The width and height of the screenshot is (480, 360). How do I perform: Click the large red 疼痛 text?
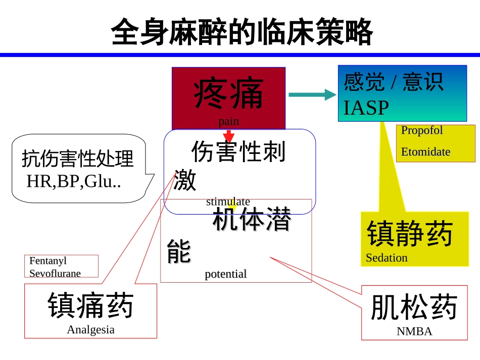pyautogui.click(x=228, y=94)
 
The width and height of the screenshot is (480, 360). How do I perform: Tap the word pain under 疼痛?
pyautogui.click(x=228, y=121)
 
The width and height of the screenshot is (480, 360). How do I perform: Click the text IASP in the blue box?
pyautogui.click(x=366, y=108)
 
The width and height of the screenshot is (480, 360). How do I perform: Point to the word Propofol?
pyautogui.click(x=422, y=130)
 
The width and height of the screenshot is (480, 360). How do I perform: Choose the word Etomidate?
pyautogui.click(x=425, y=151)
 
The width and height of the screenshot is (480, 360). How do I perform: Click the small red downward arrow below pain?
pyautogui.click(x=229, y=136)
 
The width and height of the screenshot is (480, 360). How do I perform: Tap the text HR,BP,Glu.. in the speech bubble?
pyautogui.click(x=74, y=182)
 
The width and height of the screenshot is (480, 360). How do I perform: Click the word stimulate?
pyautogui.click(x=228, y=201)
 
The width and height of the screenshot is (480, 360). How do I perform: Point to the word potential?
pyautogui.click(x=225, y=274)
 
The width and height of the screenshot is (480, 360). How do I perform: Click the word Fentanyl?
pyautogui.click(x=48, y=261)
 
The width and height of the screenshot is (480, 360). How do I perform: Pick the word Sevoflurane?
pyautogui.click(x=55, y=273)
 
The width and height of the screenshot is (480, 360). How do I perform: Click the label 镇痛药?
pyautogui.click(x=90, y=305)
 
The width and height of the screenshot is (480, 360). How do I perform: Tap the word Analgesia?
pyautogui.click(x=90, y=330)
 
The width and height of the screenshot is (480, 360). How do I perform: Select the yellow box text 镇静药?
pyautogui.click(x=410, y=234)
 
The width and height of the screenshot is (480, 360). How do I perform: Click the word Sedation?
pyautogui.click(x=387, y=258)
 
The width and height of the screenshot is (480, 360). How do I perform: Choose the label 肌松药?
pyautogui.click(x=414, y=307)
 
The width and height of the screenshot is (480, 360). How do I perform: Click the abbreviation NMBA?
pyautogui.click(x=414, y=332)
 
